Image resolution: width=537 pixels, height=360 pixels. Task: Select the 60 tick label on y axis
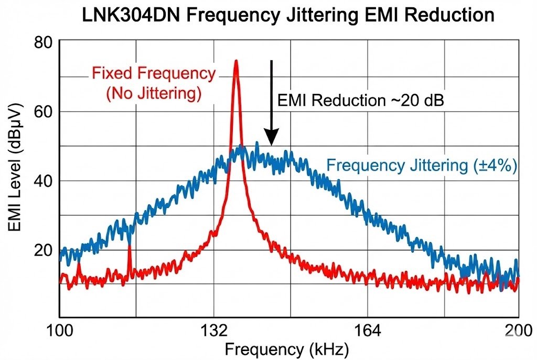point(45,111)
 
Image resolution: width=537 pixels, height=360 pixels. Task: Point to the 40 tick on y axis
point(45,180)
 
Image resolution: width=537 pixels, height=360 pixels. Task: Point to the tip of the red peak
point(236,61)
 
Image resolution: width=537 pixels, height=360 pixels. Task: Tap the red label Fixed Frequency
point(153,73)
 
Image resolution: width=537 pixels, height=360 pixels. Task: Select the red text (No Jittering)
point(154,94)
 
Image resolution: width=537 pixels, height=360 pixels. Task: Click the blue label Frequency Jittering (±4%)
point(422,166)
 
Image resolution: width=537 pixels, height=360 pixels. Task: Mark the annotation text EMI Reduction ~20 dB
point(361,100)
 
